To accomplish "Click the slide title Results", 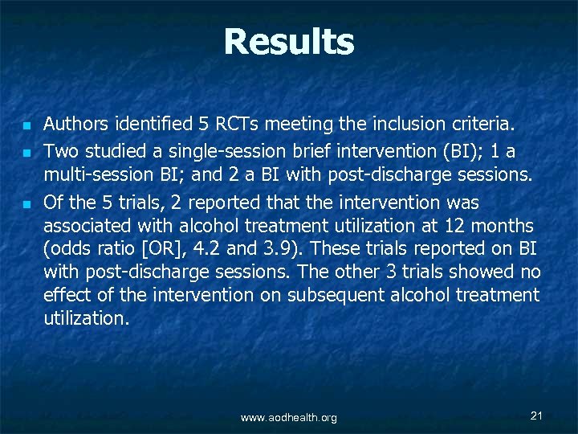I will tap(288, 42).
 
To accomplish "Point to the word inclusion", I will tap(409, 125).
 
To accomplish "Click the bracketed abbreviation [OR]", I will tap(165, 249).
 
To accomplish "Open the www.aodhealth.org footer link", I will tap(289, 417).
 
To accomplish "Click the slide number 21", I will tap(537, 415).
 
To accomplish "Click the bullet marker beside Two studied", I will tap(26, 151).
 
